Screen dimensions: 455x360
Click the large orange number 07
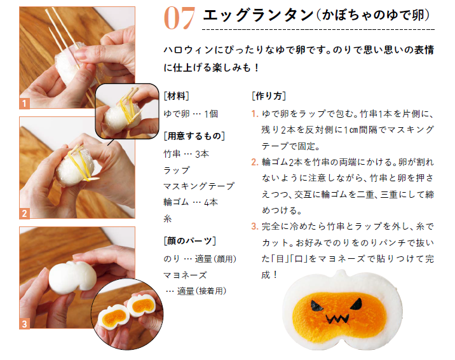pos(179,18)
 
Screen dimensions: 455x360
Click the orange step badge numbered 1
pos(24,104)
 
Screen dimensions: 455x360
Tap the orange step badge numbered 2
pos(24,213)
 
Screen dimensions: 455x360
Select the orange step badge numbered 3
pos(24,324)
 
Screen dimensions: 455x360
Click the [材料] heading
pos(177,96)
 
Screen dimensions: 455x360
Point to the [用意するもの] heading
pos(194,136)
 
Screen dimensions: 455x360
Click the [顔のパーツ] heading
pos(190,240)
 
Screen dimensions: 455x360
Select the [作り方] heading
pos(269,96)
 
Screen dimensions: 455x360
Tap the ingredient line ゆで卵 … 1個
pos(191,114)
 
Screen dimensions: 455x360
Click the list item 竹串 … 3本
pos(186,154)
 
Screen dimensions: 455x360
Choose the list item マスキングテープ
pos(199,186)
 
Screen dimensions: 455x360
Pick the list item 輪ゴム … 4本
pos(191,202)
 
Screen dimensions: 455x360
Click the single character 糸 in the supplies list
pos(168,218)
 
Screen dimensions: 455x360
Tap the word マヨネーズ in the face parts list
pos(185,275)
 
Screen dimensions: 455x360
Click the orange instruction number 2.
pos(255,162)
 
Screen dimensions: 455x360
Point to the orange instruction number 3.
pos(255,226)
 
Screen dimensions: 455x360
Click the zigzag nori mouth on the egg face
pos(337,319)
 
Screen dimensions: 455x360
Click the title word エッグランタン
pos(258,15)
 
